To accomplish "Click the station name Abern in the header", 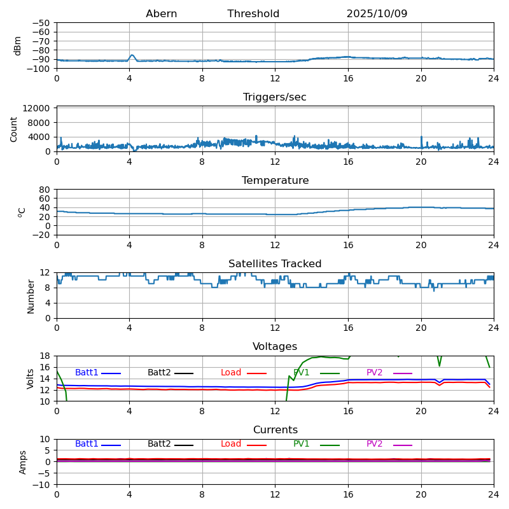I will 161,14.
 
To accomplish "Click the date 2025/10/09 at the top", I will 377,14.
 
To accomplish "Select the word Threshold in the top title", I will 253,14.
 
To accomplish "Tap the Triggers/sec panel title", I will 275,97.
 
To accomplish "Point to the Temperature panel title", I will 275,181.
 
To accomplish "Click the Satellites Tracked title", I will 275,264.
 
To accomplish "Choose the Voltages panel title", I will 275,347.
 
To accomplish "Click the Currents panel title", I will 275,430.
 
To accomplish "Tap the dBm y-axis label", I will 18,45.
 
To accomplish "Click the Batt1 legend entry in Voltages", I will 87,373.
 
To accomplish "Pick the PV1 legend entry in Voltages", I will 302,373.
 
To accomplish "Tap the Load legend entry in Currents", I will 231,444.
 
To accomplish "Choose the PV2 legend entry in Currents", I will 374,444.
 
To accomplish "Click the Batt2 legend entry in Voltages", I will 159,373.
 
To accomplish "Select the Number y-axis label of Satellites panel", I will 31,296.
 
